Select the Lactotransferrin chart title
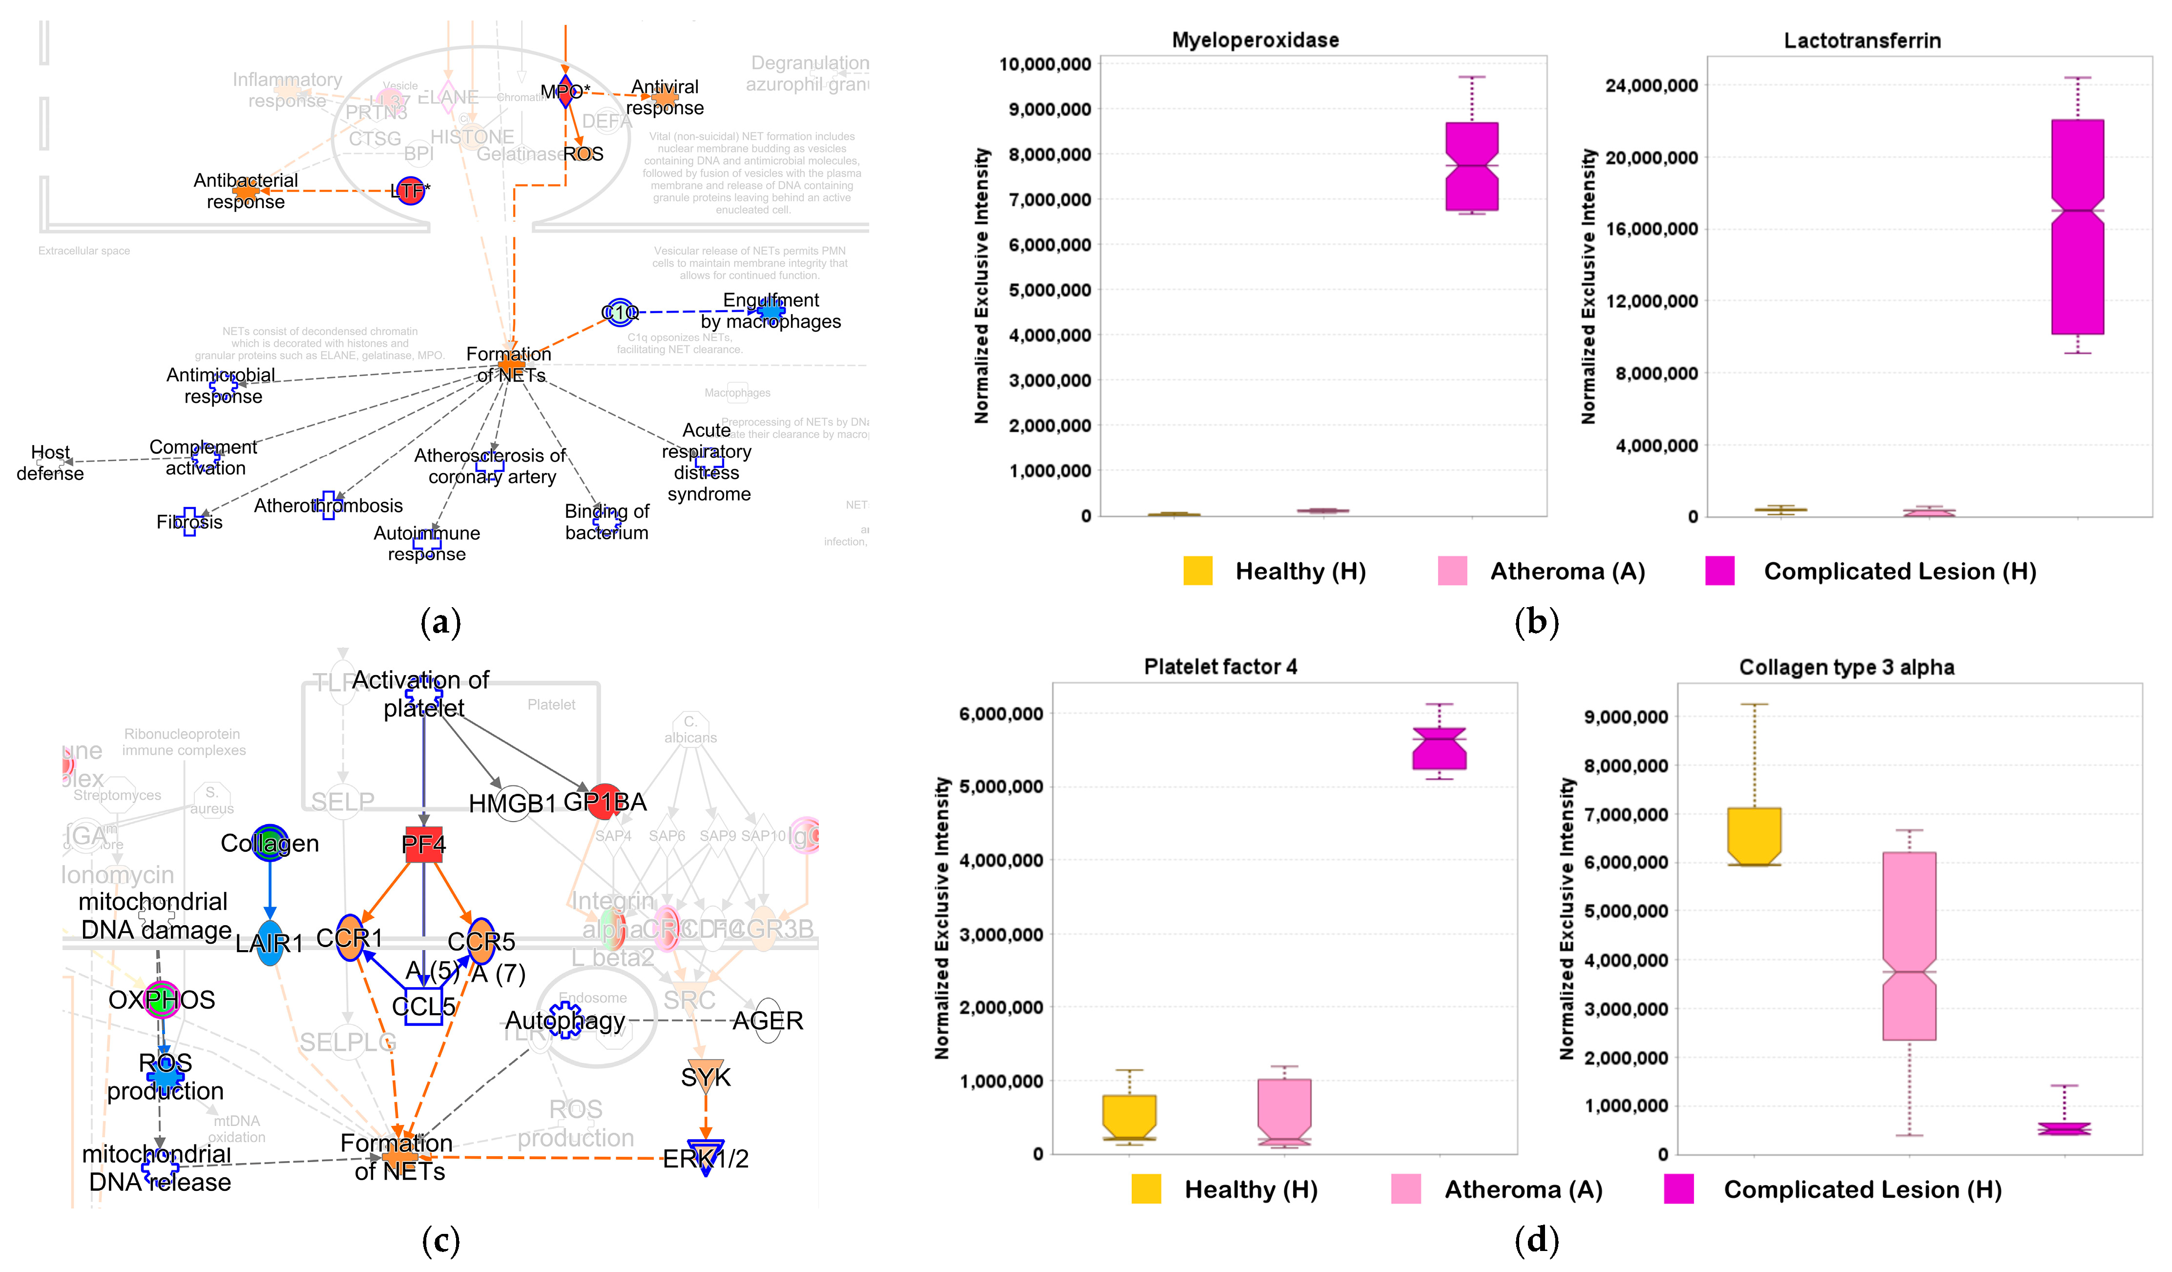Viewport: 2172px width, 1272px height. pos(1862,41)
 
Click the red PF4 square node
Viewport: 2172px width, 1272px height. pos(423,844)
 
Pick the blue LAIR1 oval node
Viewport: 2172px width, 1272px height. pos(270,943)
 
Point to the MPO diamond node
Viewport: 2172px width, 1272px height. pos(565,91)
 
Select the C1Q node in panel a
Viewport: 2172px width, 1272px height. pos(620,312)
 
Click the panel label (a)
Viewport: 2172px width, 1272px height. pos(440,622)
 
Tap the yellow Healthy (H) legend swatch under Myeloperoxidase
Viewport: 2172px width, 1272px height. pos(1197,571)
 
